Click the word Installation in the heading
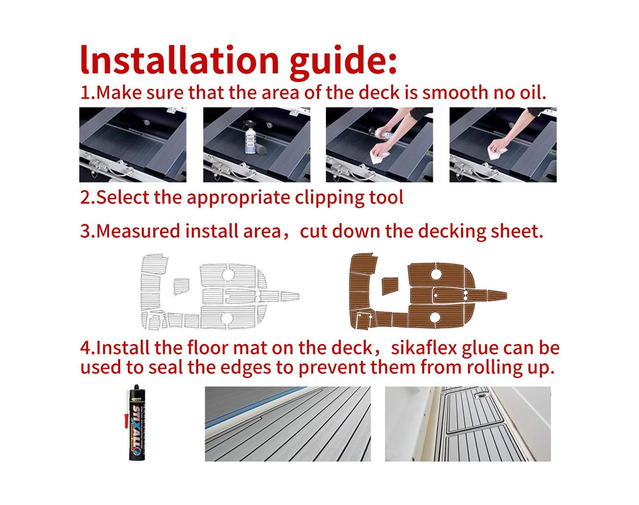coord(180,59)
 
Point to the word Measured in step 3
coord(138,231)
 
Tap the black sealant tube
coord(137,423)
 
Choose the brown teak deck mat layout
coord(427,290)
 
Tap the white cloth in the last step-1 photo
coord(497,153)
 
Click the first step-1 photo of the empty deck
coord(133,144)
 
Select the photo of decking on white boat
coord(468,424)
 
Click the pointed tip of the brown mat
coord(507,295)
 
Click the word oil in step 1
coord(533,93)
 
